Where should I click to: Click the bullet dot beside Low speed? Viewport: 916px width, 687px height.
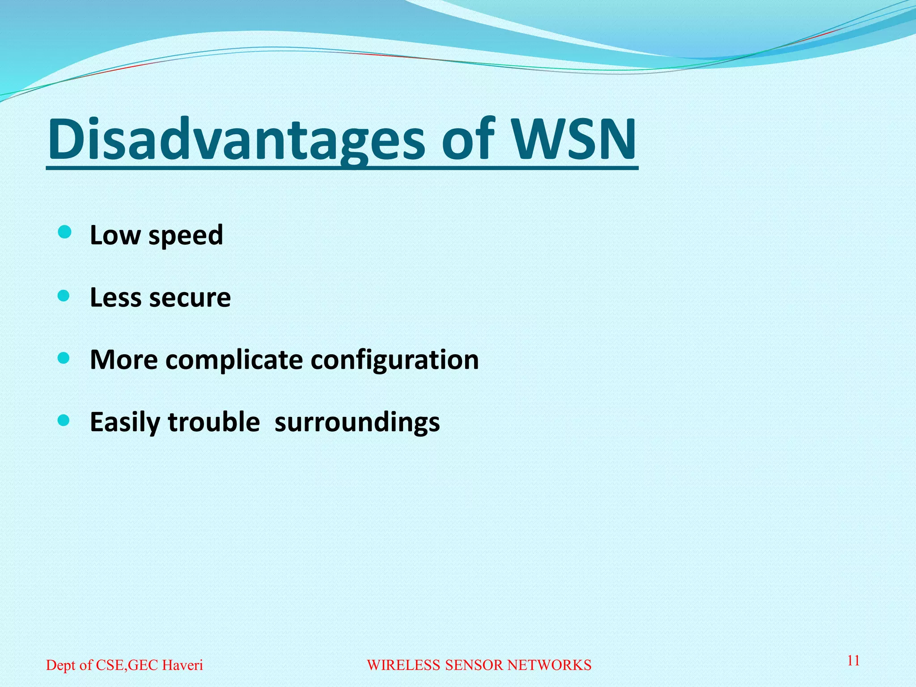coord(64,233)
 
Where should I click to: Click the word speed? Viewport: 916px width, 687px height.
coord(186,236)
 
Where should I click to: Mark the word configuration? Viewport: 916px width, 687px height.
coord(394,360)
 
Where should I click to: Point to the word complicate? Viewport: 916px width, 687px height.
coord(234,360)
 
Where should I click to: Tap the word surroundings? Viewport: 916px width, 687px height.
coord(357,423)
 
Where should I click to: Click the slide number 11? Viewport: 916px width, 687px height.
coord(853,661)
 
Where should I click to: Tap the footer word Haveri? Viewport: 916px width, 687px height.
coord(182,665)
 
